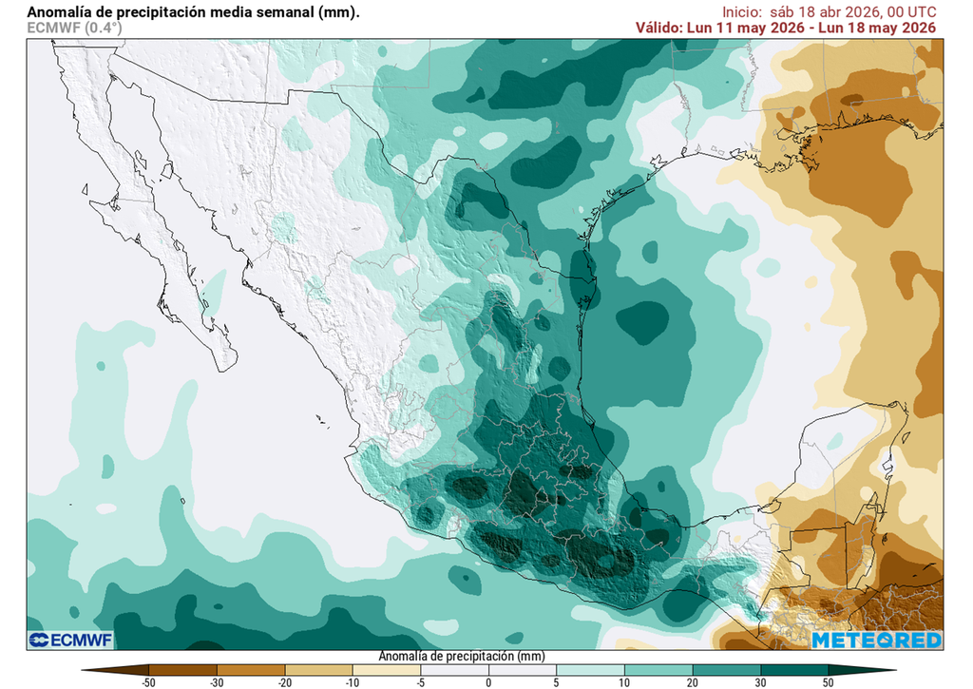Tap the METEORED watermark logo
click(876, 640)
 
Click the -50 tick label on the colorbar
click(148, 682)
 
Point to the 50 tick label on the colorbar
click(829, 682)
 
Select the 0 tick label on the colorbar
click(488, 682)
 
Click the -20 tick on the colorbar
click(285, 682)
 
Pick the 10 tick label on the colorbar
click(624, 682)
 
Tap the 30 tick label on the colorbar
click(760, 682)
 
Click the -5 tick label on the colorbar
click(420, 682)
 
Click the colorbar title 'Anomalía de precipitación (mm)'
click(462, 656)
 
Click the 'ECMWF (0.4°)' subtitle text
click(74, 28)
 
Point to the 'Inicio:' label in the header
click(741, 11)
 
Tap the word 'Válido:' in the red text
click(658, 28)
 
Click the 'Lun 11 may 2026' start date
click(748, 28)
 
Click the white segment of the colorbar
click(488, 669)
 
